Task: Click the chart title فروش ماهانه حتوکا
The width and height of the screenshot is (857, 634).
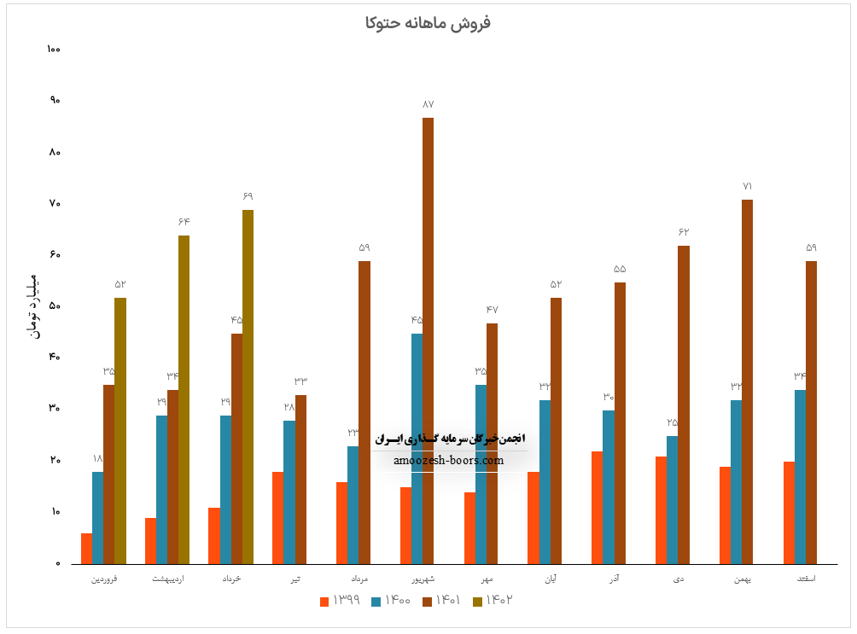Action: click(428, 23)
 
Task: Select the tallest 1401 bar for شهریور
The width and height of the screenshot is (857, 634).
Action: click(428, 341)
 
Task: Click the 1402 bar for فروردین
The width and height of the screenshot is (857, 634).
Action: click(120, 431)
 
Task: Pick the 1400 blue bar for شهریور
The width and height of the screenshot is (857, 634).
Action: click(417, 448)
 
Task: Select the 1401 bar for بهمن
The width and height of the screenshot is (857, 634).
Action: click(747, 381)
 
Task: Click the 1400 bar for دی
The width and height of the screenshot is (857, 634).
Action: click(672, 499)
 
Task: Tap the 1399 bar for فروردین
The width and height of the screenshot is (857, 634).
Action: click(86, 548)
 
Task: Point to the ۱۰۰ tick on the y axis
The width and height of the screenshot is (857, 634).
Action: click(55, 49)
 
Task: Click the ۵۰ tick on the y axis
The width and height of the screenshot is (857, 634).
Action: click(55, 306)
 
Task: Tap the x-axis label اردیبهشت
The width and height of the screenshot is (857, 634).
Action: click(167, 579)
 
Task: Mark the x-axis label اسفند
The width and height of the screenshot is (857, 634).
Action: click(805, 579)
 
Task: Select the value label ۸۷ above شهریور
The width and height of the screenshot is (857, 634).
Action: click(428, 104)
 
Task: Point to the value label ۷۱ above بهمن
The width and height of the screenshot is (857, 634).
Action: click(747, 186)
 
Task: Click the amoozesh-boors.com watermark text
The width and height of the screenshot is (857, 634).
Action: click(449, 461)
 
